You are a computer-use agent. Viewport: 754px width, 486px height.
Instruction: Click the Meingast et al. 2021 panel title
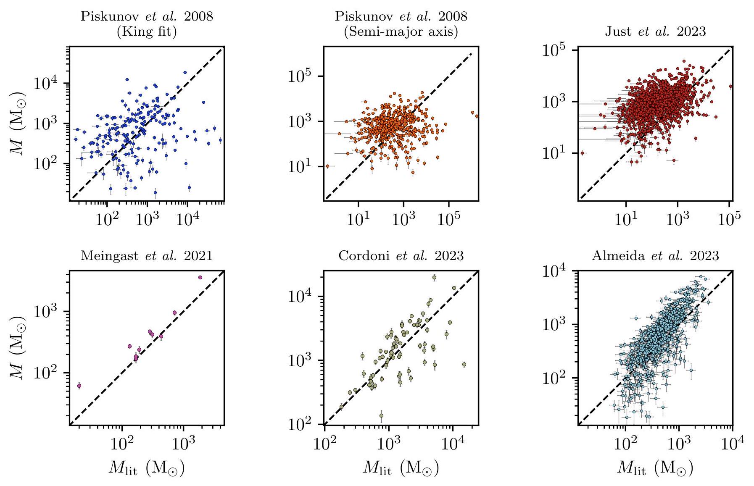pos(147,256)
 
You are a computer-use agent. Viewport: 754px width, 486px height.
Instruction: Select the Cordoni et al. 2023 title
pos(401,256)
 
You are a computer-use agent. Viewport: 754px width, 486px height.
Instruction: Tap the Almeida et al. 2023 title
pos(655,256)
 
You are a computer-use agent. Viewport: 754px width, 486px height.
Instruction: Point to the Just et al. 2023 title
pos(655,32)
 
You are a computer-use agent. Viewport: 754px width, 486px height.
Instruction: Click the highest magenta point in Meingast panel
pos(200,277)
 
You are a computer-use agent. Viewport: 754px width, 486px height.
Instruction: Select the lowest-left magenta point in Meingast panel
pos(79,386)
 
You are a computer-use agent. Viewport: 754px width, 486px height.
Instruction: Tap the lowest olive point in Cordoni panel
pos(381,415)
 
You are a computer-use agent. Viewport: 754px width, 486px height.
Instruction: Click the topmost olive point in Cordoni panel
pos(434,277)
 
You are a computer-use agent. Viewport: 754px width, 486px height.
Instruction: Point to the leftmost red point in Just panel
pos(582,153)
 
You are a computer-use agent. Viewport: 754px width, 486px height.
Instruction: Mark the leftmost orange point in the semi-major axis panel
pos(327,166)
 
